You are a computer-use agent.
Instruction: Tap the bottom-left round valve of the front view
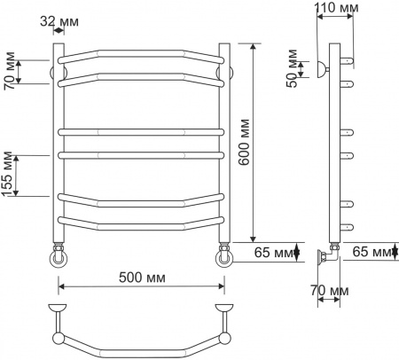coord(59,259)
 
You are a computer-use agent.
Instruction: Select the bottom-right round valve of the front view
coord(223,259)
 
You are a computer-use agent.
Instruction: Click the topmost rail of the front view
coord(140,54)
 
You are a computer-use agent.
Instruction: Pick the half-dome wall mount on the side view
coord(323,68)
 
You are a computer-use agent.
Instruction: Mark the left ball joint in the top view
coord(59,338)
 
